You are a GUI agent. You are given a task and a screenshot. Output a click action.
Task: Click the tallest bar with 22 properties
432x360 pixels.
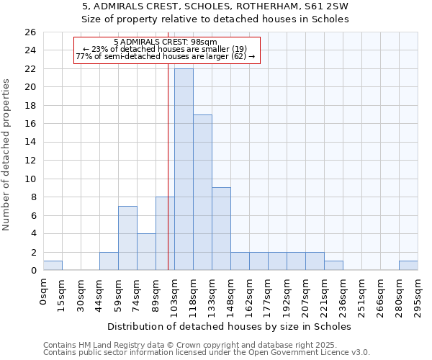184,169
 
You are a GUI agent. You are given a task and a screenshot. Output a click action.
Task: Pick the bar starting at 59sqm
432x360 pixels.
127,238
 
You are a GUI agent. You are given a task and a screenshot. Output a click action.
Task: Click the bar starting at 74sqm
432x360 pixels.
146,252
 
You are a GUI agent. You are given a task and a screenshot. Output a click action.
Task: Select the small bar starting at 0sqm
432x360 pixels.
53,266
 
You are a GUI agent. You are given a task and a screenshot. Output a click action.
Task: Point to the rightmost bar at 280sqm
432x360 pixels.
408,266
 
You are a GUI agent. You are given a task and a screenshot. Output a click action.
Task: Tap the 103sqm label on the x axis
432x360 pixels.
175,293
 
